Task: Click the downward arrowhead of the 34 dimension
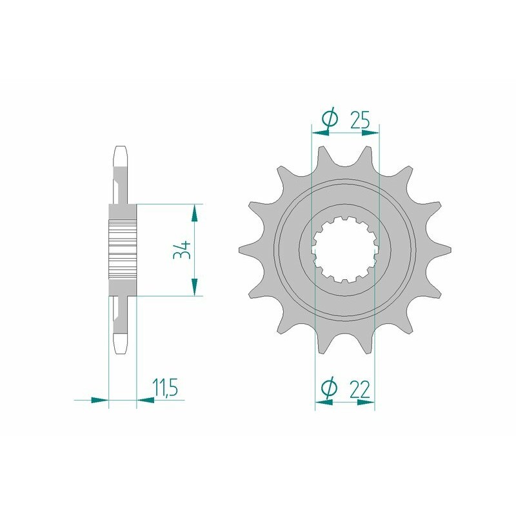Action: click(x=194, y=288)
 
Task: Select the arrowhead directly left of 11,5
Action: click(x=146, y=400)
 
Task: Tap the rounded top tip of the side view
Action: click(x=121, y=153)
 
